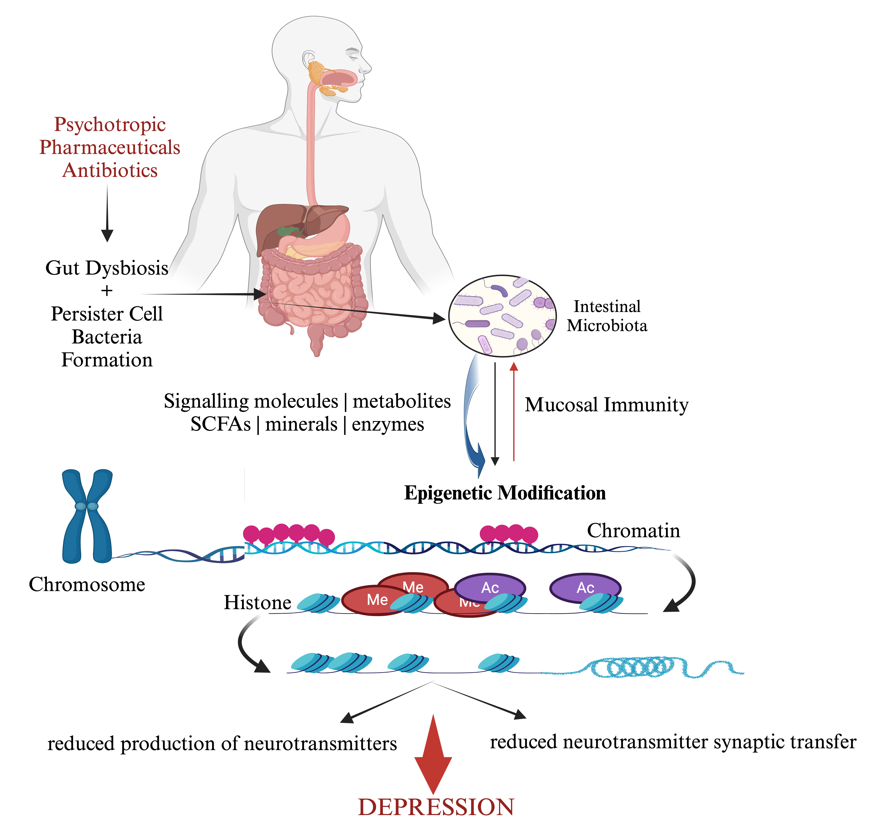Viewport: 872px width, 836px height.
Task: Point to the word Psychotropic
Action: (x=110, y=125)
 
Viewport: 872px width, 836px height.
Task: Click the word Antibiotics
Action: (x=110, y=170)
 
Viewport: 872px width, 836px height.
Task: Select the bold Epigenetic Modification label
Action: (x=505, y=493)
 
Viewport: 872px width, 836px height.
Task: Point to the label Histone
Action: (x=257, y=602)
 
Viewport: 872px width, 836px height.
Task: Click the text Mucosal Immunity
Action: (x=606, y=405)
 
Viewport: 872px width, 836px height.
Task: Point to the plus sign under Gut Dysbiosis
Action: (x=107, y=291)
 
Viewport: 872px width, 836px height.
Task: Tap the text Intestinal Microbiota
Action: (x=607, y=316)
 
